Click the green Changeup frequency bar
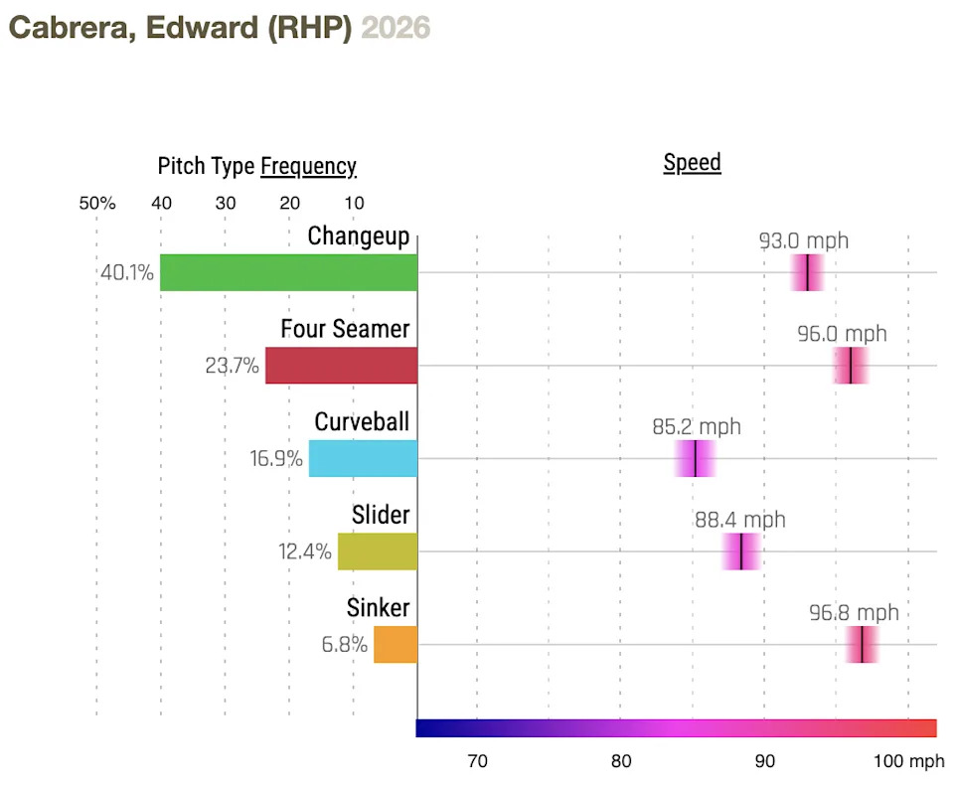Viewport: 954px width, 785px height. pos(288,272)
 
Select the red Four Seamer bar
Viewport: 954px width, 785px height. pos(341,366)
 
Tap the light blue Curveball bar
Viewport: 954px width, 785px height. pos(363,459)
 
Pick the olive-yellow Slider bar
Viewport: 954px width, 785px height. pos(378,551)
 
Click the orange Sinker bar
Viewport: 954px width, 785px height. pos(396,644)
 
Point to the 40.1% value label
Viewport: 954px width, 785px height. pos(127,272)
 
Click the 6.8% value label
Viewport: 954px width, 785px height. pos(344,644)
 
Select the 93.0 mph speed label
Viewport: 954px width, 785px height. pos(804,240)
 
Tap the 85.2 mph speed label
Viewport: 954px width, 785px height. pos(697,427)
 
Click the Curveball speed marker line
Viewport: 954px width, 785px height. pos(695,459)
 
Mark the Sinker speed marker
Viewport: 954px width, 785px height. pos(862,645)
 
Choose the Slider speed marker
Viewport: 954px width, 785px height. pos(741,551)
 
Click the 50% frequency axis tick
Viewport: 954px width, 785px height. pos(97,204)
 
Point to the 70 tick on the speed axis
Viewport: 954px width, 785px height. pos(477,762)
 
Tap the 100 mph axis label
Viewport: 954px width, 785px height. pos(908,762)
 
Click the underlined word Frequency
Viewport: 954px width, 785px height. pos(308,166)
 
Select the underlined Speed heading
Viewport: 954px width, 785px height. pos(692,163)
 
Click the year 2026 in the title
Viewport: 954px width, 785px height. pos(396,28)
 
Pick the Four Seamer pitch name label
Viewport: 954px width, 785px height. pos(345,328)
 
